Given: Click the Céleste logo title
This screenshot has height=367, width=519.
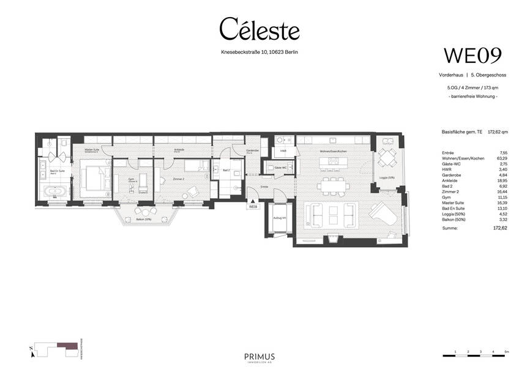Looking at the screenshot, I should [259, 29].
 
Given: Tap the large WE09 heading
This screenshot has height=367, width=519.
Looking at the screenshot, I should [472, 55].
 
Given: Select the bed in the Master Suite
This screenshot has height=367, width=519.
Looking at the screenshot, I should [95, 177].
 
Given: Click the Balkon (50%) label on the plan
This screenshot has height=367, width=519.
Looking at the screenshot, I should [144, 219].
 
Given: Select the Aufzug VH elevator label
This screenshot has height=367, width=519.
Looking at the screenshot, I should [281, 218].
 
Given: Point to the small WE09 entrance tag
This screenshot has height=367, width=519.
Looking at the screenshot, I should [252, 207].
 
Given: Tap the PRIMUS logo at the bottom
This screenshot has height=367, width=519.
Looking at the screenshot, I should [259, 357].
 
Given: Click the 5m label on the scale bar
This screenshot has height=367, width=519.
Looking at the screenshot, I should [506, 352].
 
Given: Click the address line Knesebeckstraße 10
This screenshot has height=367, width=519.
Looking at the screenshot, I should [259, 52].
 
